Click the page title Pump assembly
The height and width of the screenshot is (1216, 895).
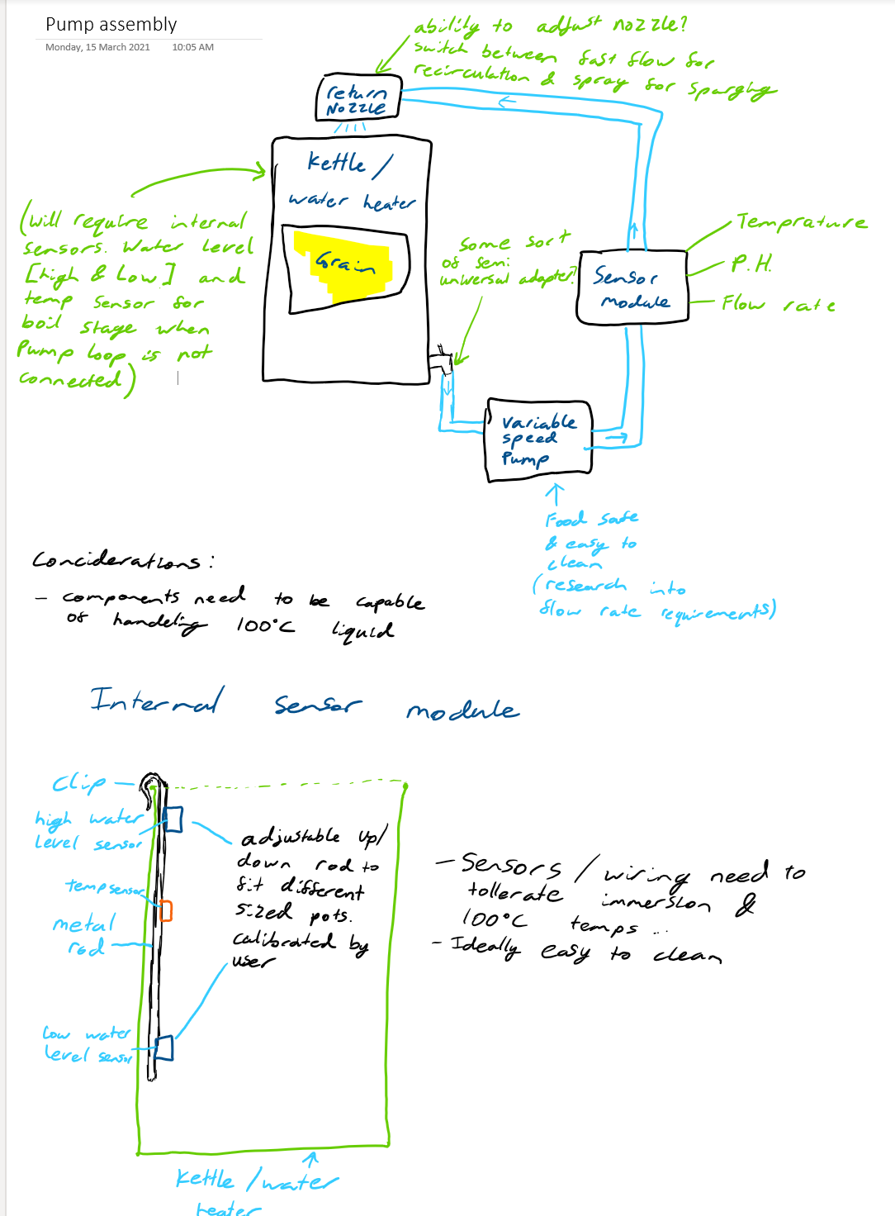click(111, 25)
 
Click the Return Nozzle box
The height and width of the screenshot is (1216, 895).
click(358, 99)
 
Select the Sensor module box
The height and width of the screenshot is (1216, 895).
click(632, 287)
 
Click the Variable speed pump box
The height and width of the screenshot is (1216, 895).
click(537, 438)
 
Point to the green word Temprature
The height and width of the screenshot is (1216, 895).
click(801, 221)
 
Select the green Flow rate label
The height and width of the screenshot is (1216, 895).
click(777, 304)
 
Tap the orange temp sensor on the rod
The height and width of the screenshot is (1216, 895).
click(166, 910)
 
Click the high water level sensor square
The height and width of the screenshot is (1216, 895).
click(173, 819)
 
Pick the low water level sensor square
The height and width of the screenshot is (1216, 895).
click(164, 1047)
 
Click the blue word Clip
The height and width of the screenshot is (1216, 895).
click(79, 782)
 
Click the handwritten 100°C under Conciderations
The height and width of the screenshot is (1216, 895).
click(264, 625)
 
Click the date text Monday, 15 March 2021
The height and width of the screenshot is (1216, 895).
click(97, 47)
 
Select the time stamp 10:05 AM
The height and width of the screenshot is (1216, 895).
click(192, 47)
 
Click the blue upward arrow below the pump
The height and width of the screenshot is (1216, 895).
click(555, 494)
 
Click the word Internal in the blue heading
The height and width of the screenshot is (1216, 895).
click(156, 701)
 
